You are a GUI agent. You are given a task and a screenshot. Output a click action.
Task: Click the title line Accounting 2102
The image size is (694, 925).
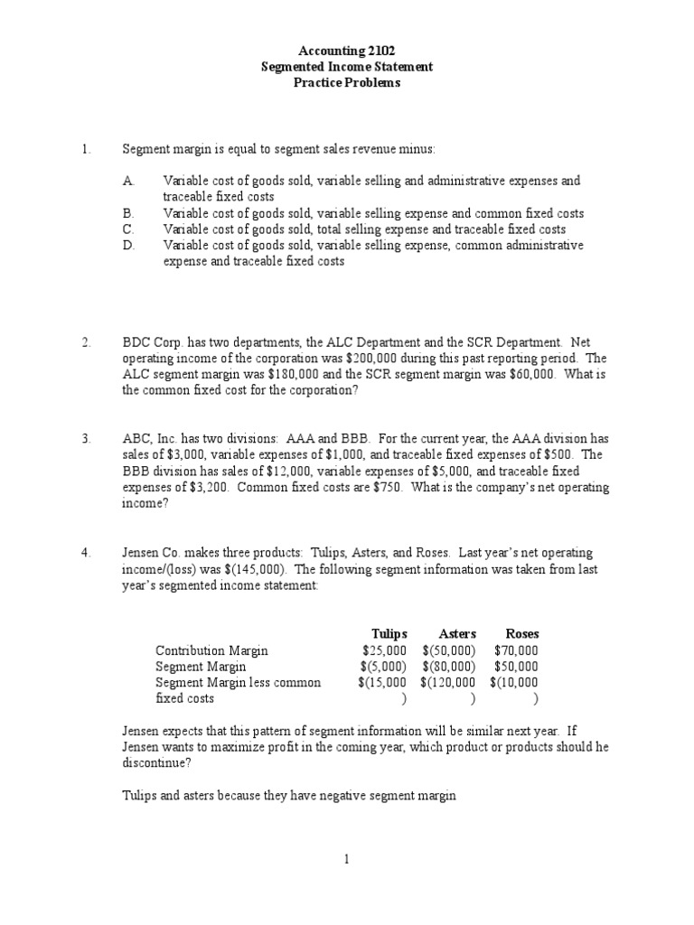point(347,51)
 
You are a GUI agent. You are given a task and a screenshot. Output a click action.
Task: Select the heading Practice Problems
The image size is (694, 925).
point(347,83)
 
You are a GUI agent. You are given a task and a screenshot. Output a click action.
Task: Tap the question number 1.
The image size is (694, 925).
point(86,148)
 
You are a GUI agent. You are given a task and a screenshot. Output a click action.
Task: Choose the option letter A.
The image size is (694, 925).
point(128,181)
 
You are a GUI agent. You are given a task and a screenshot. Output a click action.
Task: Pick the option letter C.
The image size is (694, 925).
point(128,229)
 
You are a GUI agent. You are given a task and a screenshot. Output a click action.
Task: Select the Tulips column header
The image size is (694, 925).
point(389,634)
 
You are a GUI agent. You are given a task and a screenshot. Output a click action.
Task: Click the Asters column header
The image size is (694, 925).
point(457,634)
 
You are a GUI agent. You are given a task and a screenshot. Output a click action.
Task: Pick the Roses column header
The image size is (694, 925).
point(522,634)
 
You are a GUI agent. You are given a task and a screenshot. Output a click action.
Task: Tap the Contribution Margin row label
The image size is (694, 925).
point(211,650)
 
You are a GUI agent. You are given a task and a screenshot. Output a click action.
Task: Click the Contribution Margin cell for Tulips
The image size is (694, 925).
point(384,650)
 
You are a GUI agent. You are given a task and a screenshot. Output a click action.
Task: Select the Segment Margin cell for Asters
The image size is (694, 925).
point(449,667)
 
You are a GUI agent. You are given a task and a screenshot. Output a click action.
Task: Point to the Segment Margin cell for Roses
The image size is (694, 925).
point(516,667)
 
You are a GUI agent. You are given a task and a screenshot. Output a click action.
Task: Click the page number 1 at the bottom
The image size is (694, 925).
point(347,860)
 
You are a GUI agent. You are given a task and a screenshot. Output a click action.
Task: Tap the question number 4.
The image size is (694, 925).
point(86,553)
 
